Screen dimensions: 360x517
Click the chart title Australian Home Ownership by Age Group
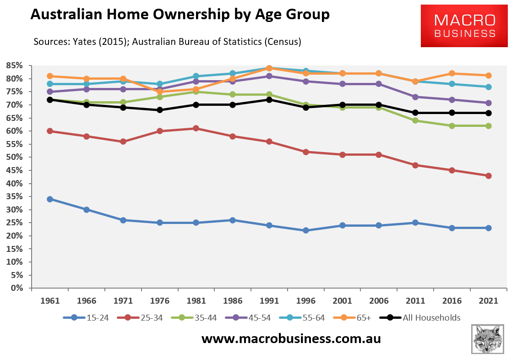(x=180, y=14)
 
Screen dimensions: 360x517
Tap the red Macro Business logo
(x=464, y=26)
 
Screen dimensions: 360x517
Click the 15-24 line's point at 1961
(x=50, y=199)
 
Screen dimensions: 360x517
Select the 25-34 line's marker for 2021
(x=489, y=176)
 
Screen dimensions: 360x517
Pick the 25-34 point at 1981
(x=196, y=129)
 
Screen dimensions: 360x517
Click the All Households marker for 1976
(x=160, y=110)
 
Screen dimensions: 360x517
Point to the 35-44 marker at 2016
(x=452, y=126)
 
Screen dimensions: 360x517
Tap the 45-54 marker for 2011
(x=415, y=97)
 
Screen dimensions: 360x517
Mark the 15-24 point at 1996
(x=306, y=231)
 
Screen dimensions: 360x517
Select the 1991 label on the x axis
(x=269, y=301)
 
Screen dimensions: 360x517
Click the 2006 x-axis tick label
(x=379, y=301)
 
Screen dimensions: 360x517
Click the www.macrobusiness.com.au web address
(x=291, y=339)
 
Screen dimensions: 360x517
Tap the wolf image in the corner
(x=487, y=339)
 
